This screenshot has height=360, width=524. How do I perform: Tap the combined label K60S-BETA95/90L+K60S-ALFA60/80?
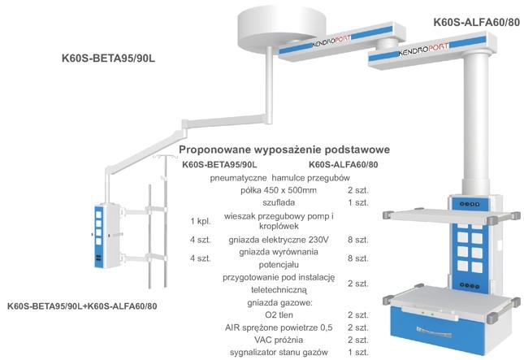coord(82,306)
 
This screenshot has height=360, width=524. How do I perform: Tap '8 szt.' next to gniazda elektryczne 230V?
coord(357,239)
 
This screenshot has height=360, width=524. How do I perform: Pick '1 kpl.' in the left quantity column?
coord(201,221)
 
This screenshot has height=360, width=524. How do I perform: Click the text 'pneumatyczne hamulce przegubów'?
coord(279,177)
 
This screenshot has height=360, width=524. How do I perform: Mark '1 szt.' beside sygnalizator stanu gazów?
coord(357,352)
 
